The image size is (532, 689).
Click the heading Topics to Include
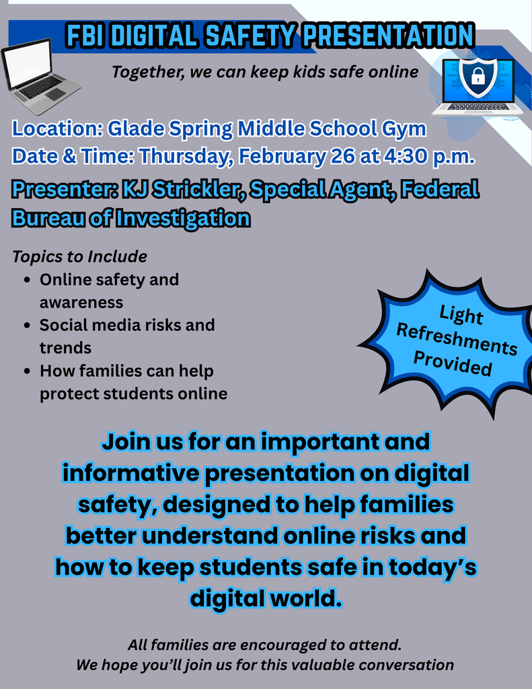coord(79,256)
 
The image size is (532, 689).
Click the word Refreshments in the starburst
coord(457,340)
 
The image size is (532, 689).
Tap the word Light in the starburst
coord(461,314)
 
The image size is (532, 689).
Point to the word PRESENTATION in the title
coord(389,36)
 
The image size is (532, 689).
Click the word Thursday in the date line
coord(184,156)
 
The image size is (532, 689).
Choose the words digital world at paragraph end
coord(266,597)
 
